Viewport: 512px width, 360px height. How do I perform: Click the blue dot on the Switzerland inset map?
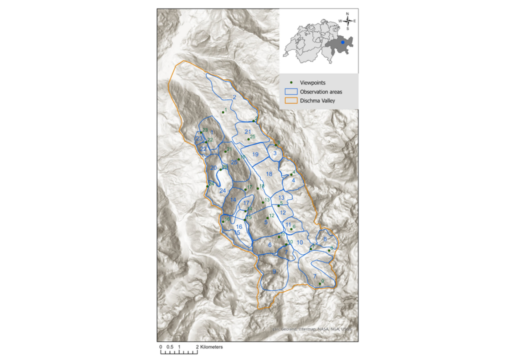pyautogui.click(x=342, y=43)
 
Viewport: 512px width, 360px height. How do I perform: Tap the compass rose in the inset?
pyautogui.click(x=347, y=21)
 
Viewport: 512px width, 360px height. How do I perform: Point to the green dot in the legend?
pyautogui.click(x=290, y=82)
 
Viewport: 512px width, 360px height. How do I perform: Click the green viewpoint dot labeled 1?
pyautogui.click(x=223, y=112)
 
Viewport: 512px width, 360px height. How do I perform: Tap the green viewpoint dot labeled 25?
pyautogui.click(x=248, y=138)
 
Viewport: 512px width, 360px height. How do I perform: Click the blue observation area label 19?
pyautogui.click(x=255, y=154)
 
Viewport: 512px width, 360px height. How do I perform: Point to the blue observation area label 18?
pyautogui.click(x=269, y=174)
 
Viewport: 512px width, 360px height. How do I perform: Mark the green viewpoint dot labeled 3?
pyautogui.click(x=276, y=145)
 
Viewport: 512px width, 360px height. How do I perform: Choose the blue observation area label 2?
pyautogui.click(x=233, y=97)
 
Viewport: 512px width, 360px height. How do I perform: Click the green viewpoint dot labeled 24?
pyautogui.click(x=207, y=186)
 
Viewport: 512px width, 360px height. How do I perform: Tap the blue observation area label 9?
pyautogui.click(x=274, y=271)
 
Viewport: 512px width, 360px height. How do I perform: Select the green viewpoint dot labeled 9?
pyautogui.click(x=320, y=283)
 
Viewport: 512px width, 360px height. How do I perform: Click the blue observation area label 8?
pyautogui.click(x=325, y=239)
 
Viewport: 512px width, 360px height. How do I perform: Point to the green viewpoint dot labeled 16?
pyautogui.click(x=223, y=221)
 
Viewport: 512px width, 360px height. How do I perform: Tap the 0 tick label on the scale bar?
pyautogui.click(x=160, y=346)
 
